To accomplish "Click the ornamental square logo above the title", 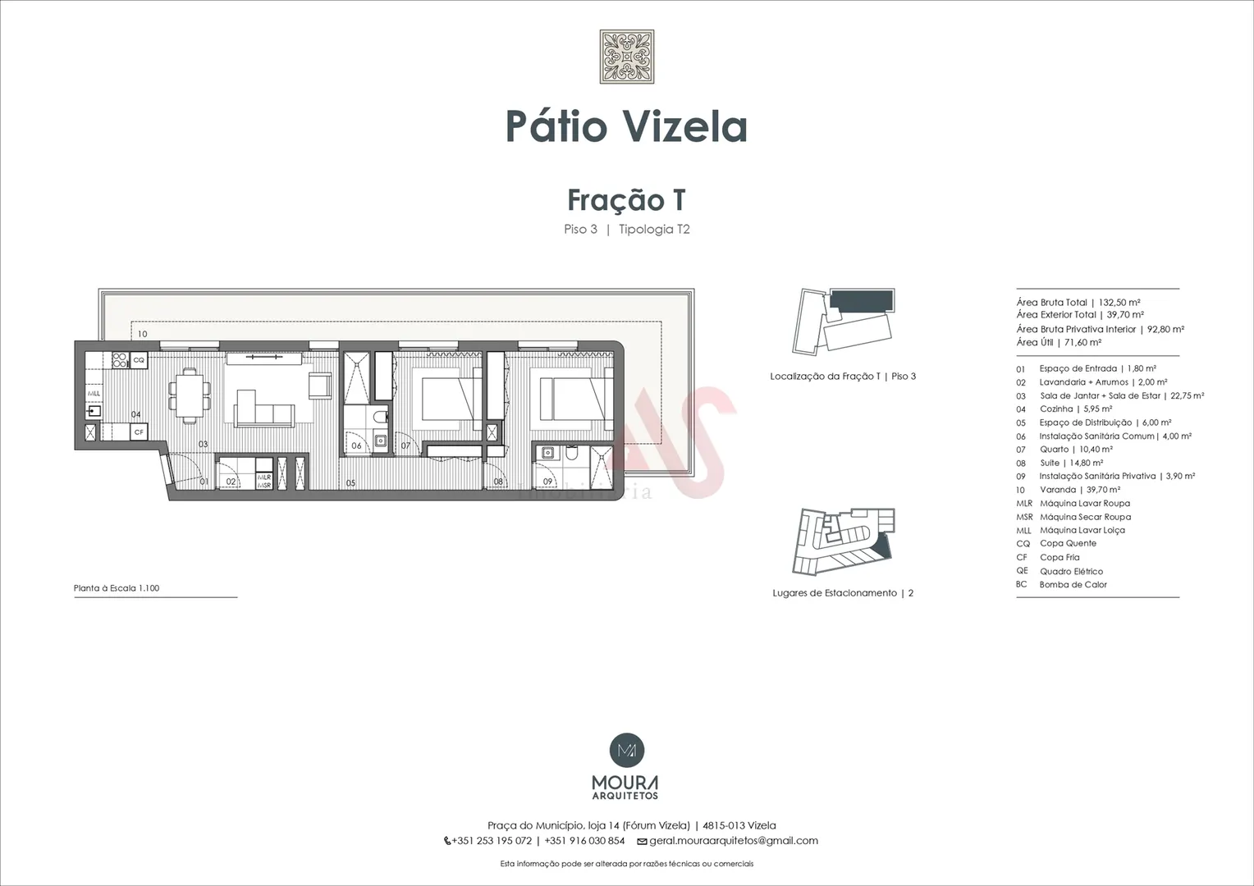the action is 626,57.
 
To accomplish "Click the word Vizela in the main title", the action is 685,126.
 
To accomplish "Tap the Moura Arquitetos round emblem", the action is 626,750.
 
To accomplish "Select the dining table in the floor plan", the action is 190,395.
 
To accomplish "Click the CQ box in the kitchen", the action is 138,360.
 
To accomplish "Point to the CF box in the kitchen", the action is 138,432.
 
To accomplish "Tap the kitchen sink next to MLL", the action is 94,412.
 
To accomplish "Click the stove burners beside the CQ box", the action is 120,360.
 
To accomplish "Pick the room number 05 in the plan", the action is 350,483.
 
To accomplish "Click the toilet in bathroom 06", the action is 382,417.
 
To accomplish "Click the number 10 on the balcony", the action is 142,334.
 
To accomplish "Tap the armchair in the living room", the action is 320,386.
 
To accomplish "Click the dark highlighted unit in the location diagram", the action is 860,300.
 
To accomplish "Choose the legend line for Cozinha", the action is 1064,409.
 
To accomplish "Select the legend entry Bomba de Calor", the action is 1061,585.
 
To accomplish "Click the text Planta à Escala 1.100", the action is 117,588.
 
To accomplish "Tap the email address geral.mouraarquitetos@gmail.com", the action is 734,841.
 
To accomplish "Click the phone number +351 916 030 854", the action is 584,841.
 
